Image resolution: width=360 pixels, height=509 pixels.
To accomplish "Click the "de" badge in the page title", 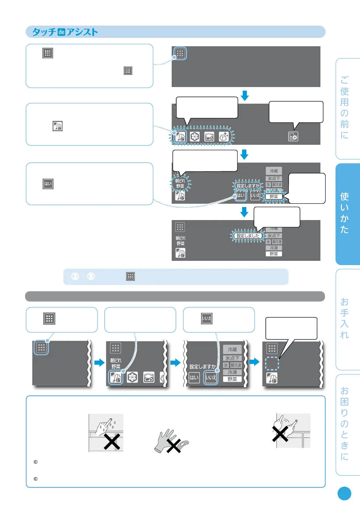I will tap(61, 32).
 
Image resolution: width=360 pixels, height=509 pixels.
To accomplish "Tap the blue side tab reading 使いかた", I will tap(347, 214).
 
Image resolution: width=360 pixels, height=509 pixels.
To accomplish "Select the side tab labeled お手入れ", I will tap(347, 319).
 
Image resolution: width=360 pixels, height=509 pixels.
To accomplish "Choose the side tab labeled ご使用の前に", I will tap(347, 108).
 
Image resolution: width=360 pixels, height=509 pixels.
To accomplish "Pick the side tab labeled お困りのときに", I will tap(347, 424).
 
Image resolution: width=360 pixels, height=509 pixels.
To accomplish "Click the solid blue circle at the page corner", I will tap(344, 494).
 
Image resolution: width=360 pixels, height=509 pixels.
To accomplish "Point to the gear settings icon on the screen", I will tap(293, 137).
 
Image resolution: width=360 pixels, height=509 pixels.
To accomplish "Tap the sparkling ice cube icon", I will tap(224, 137).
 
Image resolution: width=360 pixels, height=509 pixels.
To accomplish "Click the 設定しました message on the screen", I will tap(248, 236).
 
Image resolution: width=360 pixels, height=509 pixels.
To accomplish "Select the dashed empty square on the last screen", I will tap(272, 364).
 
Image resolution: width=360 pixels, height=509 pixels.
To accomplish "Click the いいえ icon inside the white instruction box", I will tap(207, 318).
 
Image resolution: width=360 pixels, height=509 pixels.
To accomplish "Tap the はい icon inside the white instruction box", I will tap(48, 184).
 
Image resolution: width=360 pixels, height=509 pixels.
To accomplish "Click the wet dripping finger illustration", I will tap(106, 432).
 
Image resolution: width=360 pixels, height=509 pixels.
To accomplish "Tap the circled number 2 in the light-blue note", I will tap(75, 276).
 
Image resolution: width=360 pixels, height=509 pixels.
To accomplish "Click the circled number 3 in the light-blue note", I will tap(91, 276).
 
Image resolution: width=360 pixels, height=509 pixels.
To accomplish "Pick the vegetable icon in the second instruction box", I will tap(57, 126).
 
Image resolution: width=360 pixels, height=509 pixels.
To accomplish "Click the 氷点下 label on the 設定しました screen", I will tap(274, 236).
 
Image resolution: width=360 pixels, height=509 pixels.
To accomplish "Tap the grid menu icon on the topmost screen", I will tap(180, 53).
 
